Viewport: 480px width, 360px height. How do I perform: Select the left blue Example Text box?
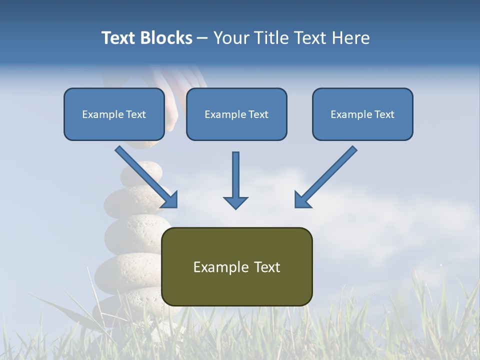[x=114, y=114]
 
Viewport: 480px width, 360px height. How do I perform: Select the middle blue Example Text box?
[x=236, y=114]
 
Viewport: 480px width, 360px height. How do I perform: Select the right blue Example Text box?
[x=362, y=114]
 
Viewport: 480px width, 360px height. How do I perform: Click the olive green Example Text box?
[x=237, y=266]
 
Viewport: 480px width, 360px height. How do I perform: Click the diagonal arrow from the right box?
[x=327, y=175]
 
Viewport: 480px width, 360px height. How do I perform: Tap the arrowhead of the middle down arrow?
[x=235, y=202]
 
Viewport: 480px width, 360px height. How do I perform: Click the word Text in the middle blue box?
[x=258, y=114]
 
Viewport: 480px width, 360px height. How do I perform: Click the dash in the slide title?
[x=202, y=38]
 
